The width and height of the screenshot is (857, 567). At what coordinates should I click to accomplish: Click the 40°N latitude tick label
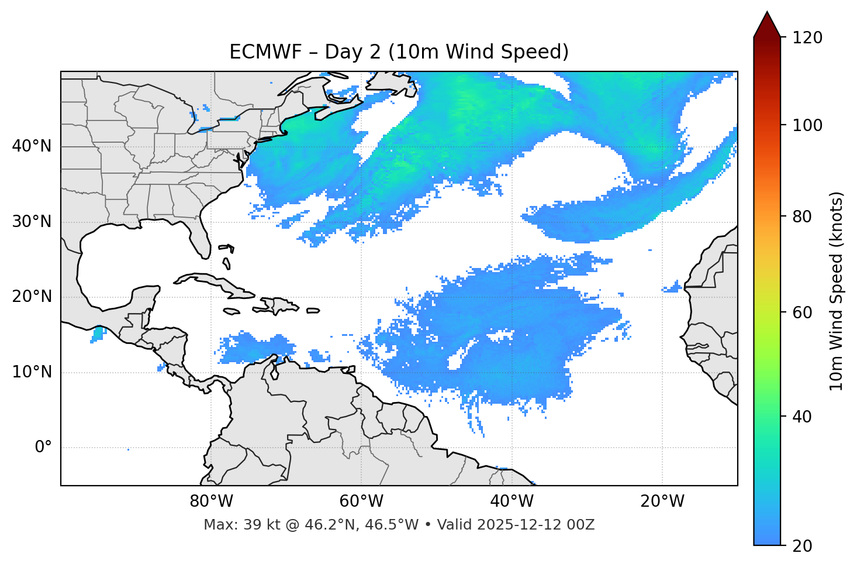coord(32,146)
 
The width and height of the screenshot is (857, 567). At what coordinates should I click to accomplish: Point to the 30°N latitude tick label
coord(32,222)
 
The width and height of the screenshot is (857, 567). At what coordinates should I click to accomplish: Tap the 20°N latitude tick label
coord(32,297)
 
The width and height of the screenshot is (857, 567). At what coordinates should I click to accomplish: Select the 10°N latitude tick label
coord(32,372)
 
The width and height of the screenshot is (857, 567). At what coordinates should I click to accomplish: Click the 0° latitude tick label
coord(43,448)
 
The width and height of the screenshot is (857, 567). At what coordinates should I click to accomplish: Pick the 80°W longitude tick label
coord(211,501)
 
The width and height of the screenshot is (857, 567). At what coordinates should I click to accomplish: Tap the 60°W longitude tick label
coord(361,501)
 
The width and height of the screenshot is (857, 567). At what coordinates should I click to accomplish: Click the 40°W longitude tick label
coord(512,501)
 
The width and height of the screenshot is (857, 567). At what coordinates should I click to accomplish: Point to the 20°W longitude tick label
coord(662,501)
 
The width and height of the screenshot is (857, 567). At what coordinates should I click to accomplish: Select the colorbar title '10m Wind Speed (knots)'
coord(837,291)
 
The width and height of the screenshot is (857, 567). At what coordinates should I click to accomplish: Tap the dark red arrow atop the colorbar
coord(767,25)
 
